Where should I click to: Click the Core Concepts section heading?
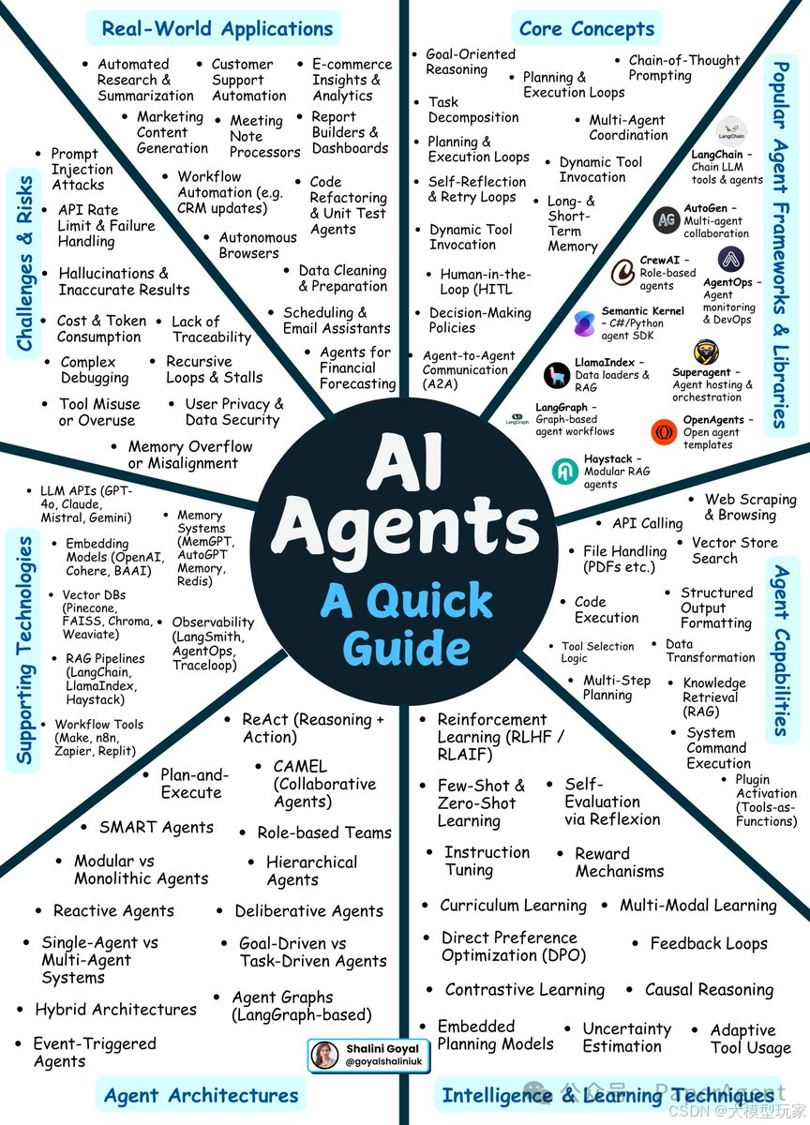(587, 29)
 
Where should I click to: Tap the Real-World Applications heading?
(217, 29)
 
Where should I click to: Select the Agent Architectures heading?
(202, 1095)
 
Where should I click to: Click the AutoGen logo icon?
(667, 219)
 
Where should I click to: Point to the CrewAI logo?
(623, 272)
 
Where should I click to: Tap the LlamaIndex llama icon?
(558, 375)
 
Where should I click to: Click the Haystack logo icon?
(565, 471)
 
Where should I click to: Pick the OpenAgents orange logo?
(664, 432)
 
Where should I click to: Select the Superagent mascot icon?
(706, 353)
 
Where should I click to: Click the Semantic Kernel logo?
(585, 323)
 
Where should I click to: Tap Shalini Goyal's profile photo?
(324, 1055)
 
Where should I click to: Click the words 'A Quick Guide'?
(406, 622)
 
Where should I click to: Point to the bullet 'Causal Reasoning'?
(709, 990)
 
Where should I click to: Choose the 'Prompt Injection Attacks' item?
(82, 170)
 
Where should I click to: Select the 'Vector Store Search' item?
(734, 550)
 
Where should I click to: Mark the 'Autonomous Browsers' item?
(257, 246)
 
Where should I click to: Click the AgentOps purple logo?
(731, 259)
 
